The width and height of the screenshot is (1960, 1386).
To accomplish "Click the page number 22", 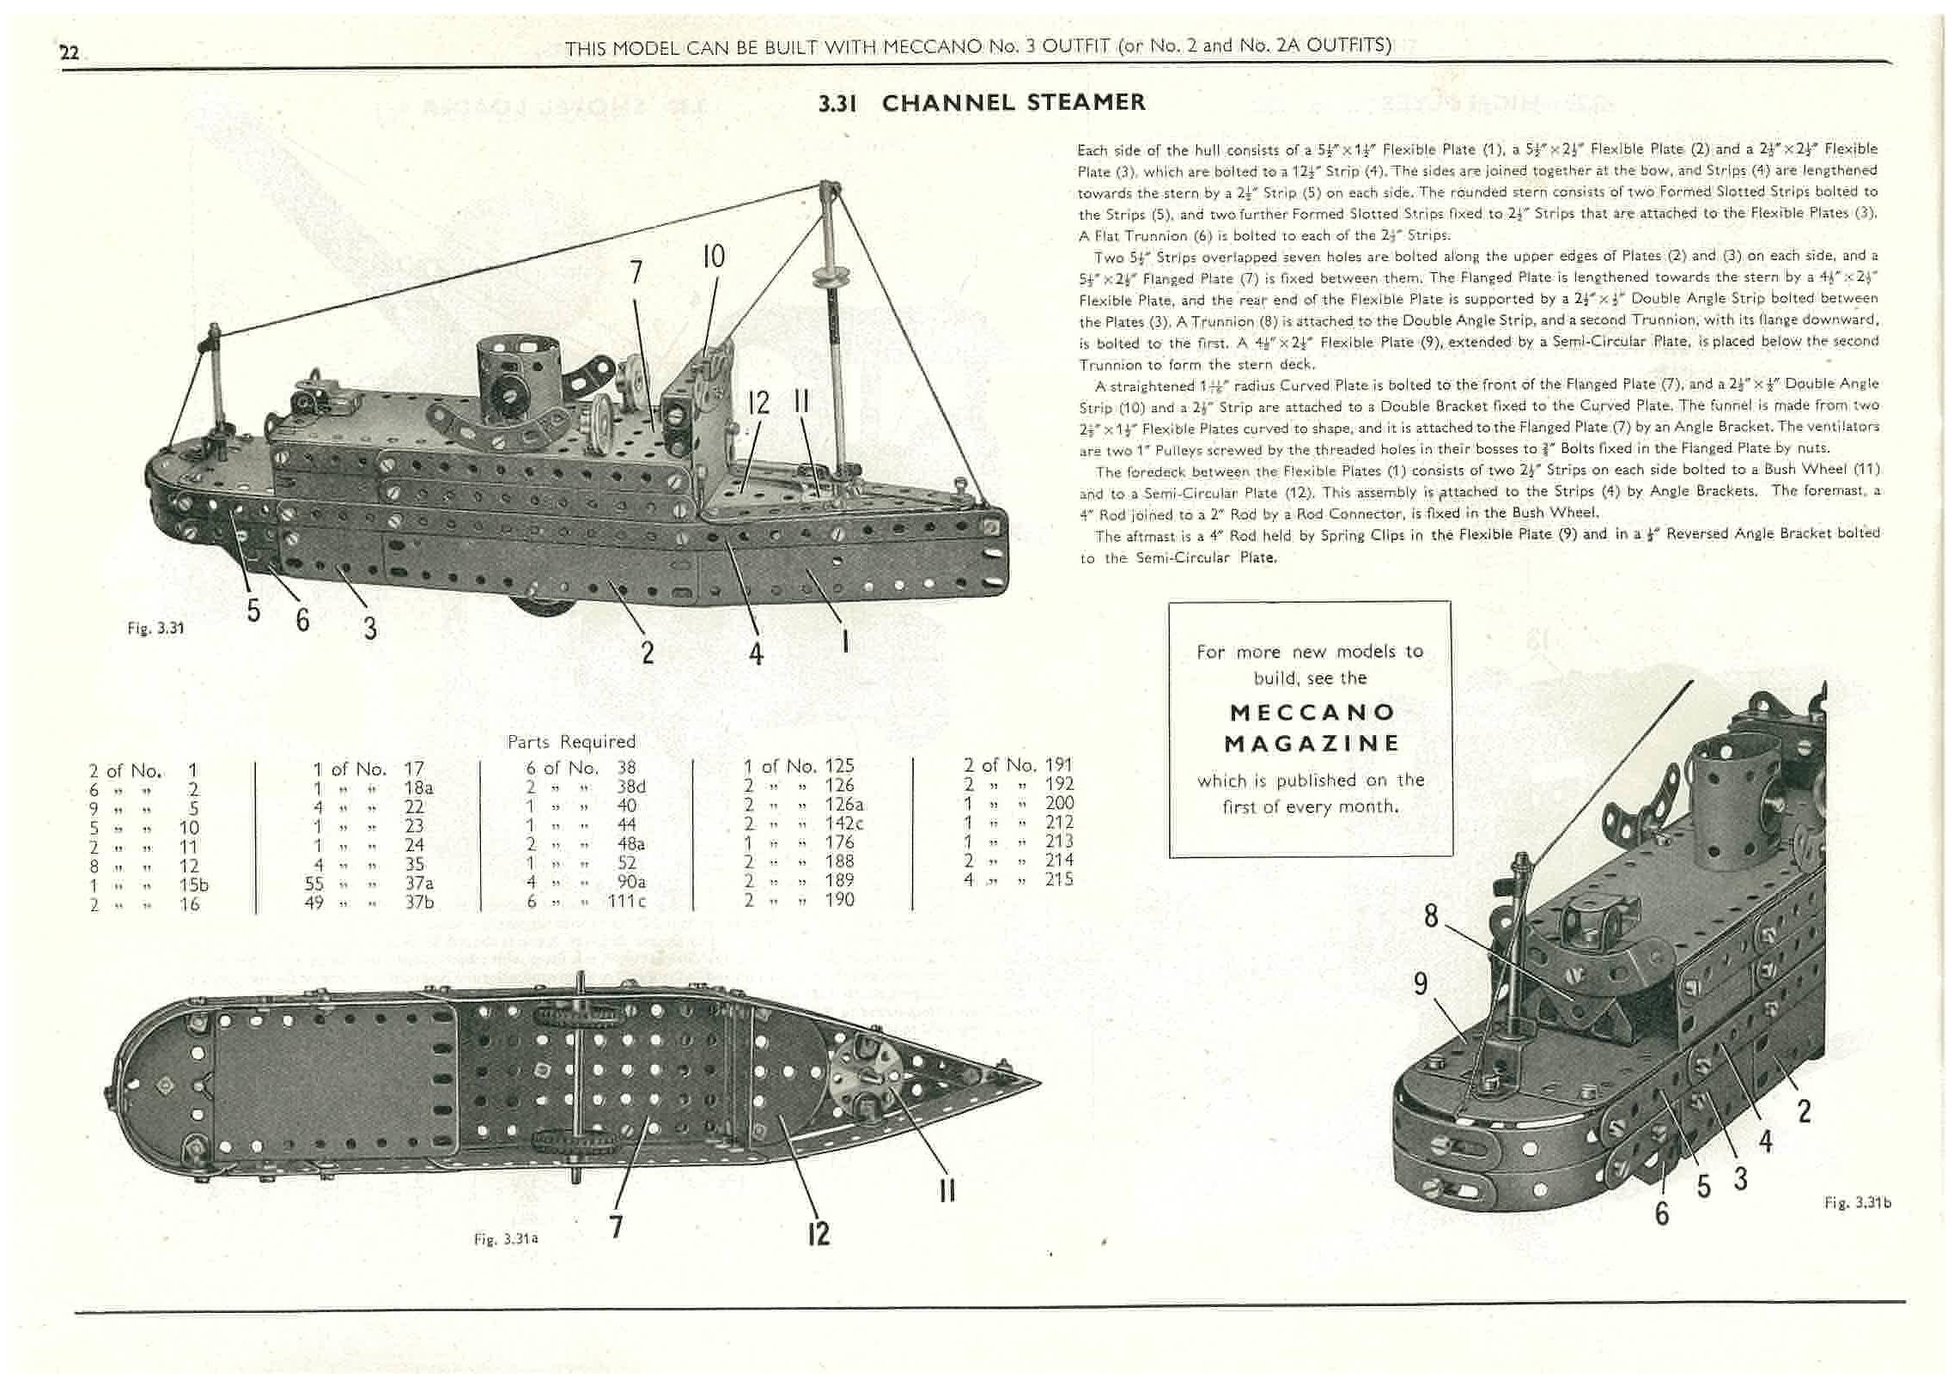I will tap(69, 53).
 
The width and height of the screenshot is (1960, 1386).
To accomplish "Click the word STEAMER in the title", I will tap(1086, 103).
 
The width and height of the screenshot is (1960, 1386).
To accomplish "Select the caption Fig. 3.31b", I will tap(1857, 1203).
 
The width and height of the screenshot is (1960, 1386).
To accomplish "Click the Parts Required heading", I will tap(571, 741).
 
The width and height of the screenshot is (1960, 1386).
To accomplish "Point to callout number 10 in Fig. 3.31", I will tap(714, 256).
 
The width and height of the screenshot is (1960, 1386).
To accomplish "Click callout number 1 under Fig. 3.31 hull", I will tap(845, 640).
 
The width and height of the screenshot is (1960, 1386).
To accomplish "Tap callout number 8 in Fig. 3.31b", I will tap(1430, 916).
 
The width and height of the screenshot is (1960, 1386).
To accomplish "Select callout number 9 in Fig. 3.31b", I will tap(1421, 983).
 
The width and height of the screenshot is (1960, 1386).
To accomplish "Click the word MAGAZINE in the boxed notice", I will tap(1311, 744).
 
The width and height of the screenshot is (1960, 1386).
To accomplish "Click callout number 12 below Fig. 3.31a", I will tap(819, 1233).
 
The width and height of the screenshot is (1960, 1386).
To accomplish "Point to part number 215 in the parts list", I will tap(1058, 878).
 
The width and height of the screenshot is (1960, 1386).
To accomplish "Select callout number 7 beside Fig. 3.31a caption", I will tap(615, 1225).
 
